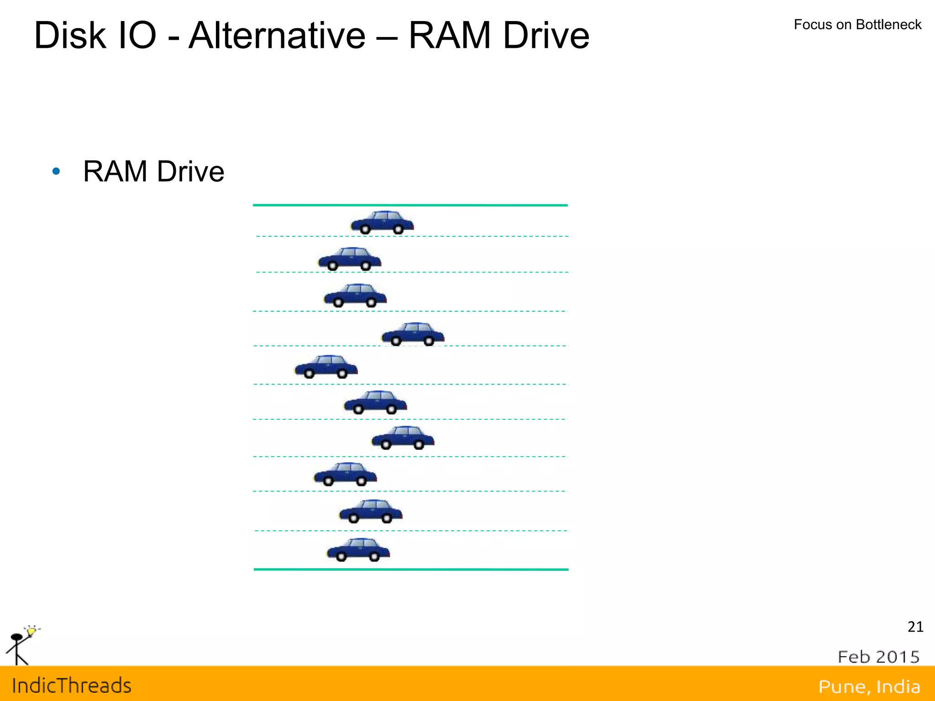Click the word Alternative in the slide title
277,36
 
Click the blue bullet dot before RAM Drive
56,172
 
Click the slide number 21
915,627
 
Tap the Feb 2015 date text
878,657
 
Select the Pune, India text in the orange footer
869,686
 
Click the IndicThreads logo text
72,685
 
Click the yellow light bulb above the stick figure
31,631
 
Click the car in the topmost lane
382,222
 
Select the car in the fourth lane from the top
413,334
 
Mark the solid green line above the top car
410,205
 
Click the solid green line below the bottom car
411,570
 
